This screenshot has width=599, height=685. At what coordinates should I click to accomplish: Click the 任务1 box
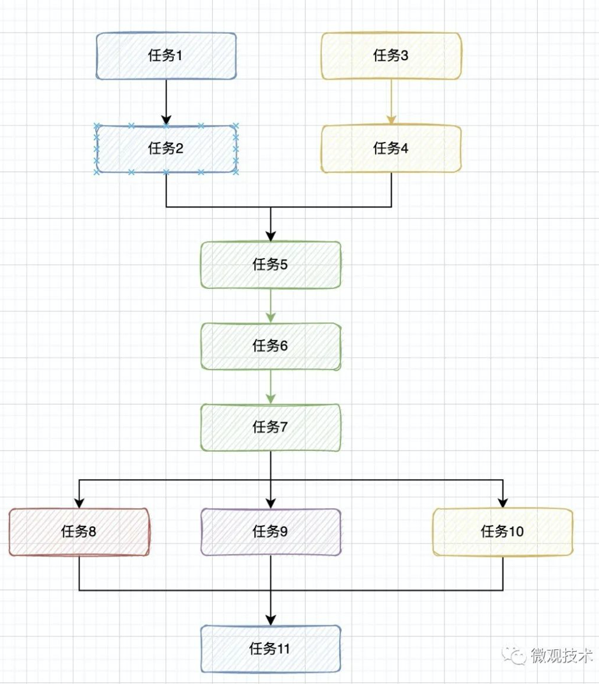(166, 56)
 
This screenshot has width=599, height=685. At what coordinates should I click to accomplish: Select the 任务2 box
(166, 149)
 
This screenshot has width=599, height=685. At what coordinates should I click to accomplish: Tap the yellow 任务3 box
(391, 56)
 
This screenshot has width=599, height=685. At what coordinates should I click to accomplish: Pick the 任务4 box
(391, 149)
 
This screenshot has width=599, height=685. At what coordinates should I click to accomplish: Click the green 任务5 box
(271, 265)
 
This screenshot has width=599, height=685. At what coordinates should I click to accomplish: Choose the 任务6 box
(271, 346)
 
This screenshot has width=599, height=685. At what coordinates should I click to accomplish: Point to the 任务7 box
(271, 427)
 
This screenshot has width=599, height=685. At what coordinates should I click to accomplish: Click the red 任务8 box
(79, 532)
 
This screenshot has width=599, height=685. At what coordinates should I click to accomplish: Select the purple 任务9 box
(271, 532)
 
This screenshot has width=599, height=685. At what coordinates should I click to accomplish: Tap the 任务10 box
(503, 532)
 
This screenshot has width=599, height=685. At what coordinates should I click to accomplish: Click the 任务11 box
(271, 649)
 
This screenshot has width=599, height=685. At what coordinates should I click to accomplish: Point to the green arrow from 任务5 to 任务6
(271, 305)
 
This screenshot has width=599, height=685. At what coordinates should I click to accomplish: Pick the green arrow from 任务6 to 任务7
(271, 387)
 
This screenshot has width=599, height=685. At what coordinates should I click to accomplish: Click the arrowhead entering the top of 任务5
(271, 235)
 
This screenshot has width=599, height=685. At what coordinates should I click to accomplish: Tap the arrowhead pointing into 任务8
(79, 502)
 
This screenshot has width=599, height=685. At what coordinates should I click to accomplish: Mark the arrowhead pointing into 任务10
(503, 502)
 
